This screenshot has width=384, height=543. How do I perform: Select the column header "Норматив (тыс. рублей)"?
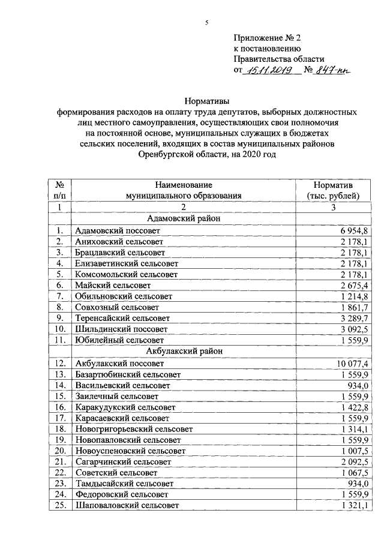pyautogui.click(x=333, y=190)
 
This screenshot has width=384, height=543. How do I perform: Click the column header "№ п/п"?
pyautogui.click(x=59, y=190)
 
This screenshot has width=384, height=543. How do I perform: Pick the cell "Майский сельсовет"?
pyautogui.click(x=112, y=285)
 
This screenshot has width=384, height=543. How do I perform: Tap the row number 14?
pyautogui.click(x=59, y=385)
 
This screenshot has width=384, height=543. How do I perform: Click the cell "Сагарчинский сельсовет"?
pyautogui.click(x=123, y=462)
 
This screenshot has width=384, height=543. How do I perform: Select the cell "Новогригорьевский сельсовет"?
pyautogui.click(x=134, y=429)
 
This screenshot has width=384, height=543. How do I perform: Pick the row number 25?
pyautogui.click(x=59, y=506)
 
